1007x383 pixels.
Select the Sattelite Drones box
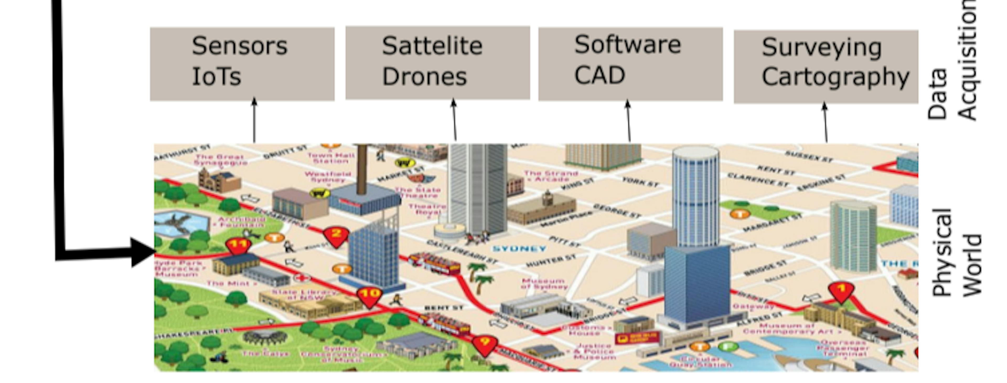(x=437, y=63)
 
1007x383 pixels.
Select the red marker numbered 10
(x=369, y=295)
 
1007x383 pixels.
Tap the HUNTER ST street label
(x=551, y=261)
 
